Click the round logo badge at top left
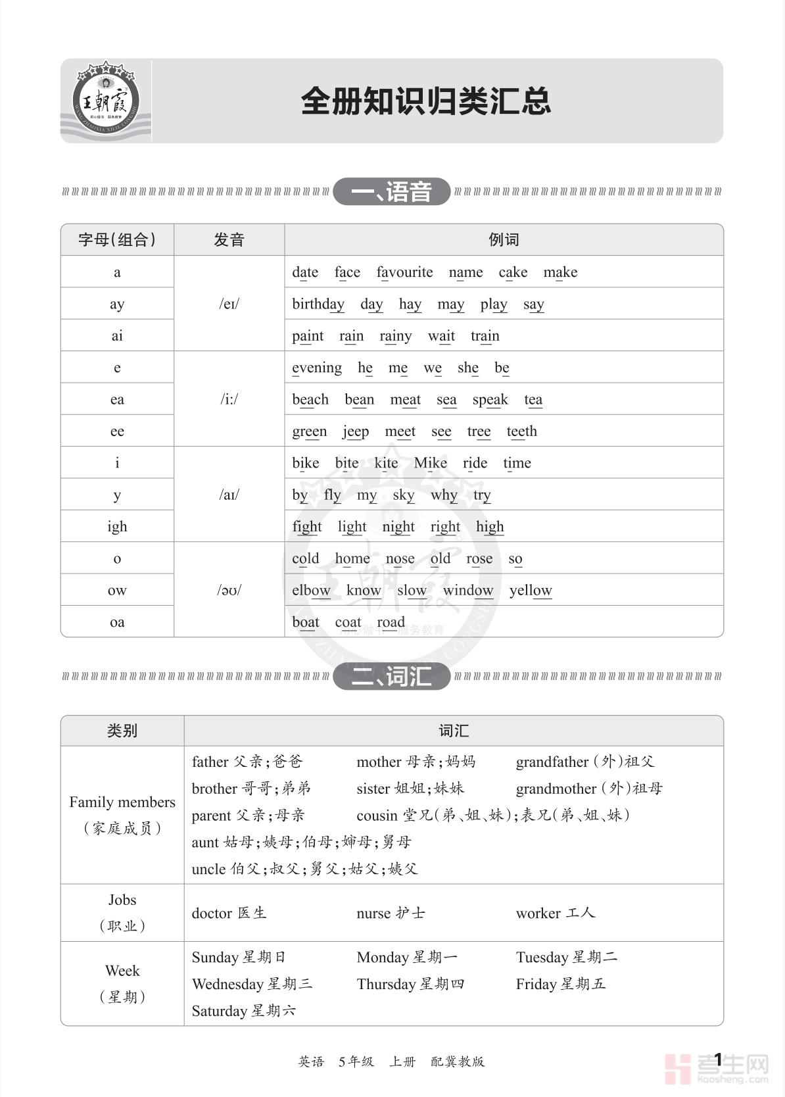(x=105, y=101)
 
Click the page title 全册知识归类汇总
(x=425, y=101)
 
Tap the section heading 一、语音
(x=391, y=192)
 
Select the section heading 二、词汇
(x=391, y=676)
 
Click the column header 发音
(x=229, y=240)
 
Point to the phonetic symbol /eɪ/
(x=229, y=304)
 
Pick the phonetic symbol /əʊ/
(x=229, y=590)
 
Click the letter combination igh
(x=117, y=527)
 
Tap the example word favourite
(x=404, y=272)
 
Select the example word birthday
(x=318, y=304)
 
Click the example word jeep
(x=356, y=431)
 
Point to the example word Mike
(x=430, y=463)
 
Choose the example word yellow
(x=531, y=591)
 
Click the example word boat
(x=306, y=622)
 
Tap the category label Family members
(x=122, y=802)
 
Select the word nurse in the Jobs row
(x=373, y=914)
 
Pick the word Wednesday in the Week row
(x=227, y=985)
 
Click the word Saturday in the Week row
(x=219, y=1012)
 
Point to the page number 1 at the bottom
(x=718, y=1060)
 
